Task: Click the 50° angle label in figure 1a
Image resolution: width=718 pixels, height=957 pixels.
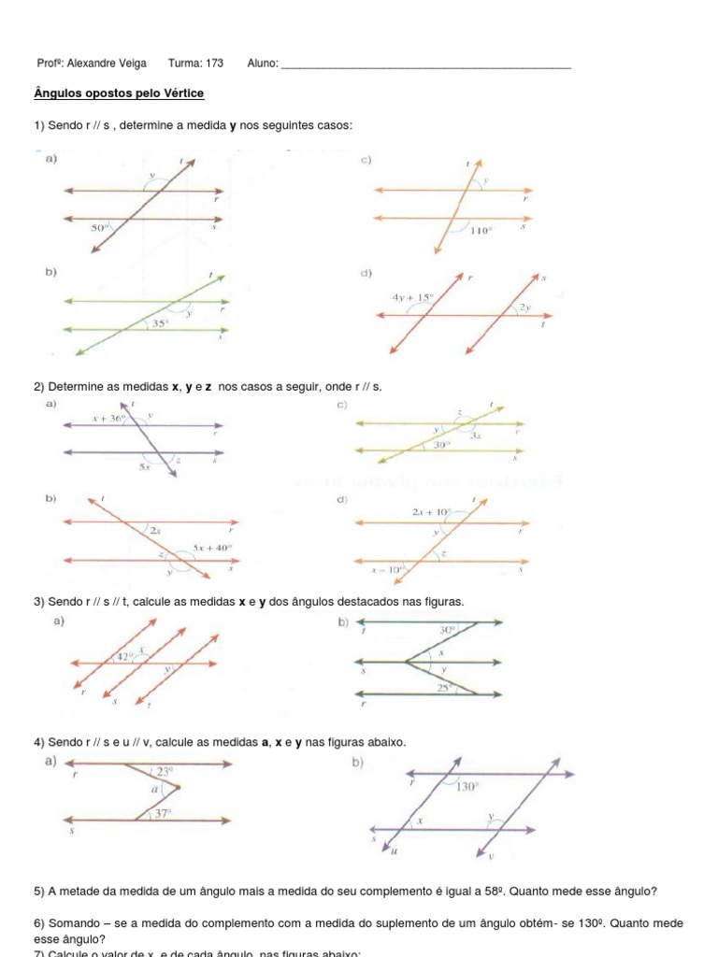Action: tap(100, 227)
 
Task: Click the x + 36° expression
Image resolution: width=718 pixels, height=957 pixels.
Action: tap(108, 419)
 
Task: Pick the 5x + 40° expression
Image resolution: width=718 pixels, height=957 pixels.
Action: tap(212, 548)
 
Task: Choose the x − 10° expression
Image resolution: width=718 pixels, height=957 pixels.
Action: tap(388, 567)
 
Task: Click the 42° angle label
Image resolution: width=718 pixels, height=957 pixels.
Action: tap(122, 657)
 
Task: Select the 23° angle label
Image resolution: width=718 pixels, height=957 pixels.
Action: tap(165, 771)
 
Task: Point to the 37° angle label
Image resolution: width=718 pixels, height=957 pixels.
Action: tap(162, 814)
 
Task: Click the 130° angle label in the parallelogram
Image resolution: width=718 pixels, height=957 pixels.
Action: tap(467, 787)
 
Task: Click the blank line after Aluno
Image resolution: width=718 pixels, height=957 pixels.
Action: tap(425, 65)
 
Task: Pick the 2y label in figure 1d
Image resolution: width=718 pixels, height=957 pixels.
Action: tap(525, 307)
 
